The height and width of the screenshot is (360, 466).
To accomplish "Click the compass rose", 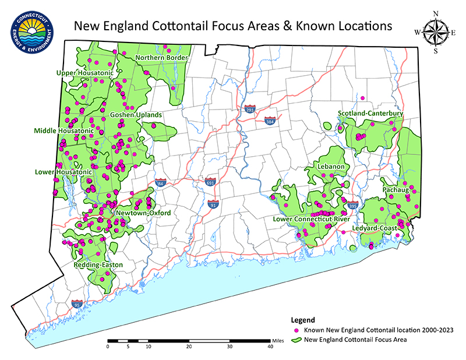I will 435,31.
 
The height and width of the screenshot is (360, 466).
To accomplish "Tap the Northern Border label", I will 162,58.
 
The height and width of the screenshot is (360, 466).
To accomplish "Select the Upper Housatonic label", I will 85,73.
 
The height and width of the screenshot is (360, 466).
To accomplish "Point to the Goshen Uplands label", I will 136,115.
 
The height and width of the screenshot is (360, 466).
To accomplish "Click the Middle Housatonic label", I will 64,131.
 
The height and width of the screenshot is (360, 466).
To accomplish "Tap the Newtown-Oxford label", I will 143,213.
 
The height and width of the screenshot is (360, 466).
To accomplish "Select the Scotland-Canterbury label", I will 370,113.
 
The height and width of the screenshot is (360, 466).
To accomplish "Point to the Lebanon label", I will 331,167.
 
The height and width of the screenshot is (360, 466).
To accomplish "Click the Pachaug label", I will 395,190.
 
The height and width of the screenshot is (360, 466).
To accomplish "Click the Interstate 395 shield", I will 352,206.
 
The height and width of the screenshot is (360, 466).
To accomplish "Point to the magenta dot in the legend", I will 296,330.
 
